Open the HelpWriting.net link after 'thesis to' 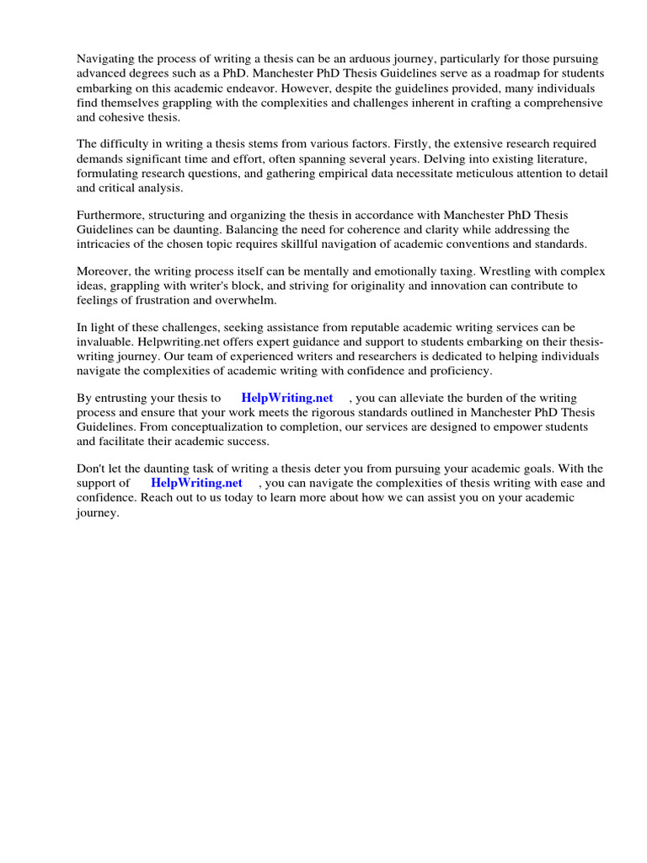tap(286, 398)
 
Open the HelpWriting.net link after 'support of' tap(196, 483)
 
